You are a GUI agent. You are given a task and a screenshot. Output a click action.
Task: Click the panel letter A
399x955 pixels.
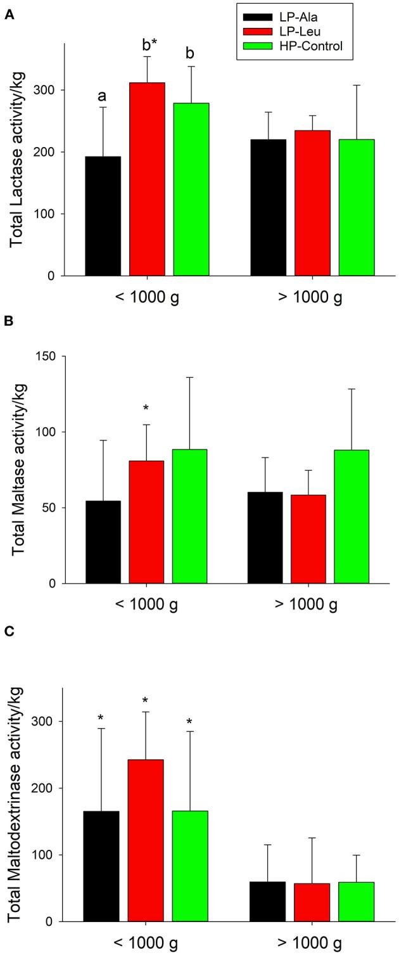9,13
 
